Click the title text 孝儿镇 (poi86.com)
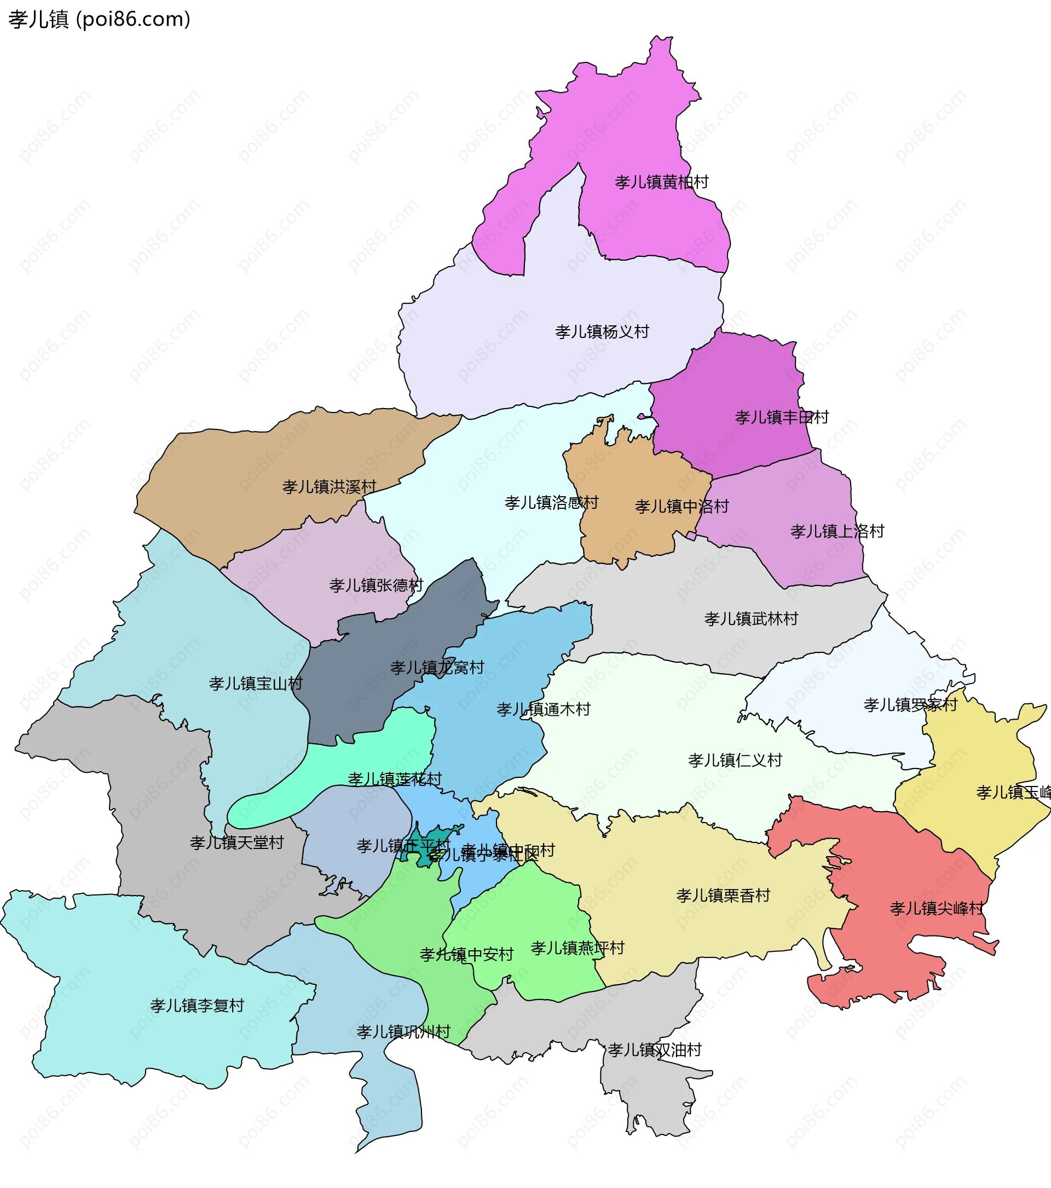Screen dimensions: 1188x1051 [99, 19]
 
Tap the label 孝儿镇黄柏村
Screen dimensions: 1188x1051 [661, 182]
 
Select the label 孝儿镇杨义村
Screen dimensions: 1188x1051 [602, 332]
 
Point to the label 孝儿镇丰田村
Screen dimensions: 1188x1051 [782, 417]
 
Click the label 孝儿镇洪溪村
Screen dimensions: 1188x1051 [330, 486]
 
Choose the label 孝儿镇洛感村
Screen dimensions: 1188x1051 [551, 503]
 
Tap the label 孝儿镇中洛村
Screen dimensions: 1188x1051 [682, 506]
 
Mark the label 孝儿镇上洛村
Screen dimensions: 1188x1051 [836, 531]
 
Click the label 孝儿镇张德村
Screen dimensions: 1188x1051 [376, 586]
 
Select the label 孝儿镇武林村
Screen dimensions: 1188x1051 [750, 618]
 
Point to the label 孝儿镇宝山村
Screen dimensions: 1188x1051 [256, 684]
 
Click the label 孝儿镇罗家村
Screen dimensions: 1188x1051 [910, 705]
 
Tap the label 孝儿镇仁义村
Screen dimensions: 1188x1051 [735, 760]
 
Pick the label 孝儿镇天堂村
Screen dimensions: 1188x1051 [236, 843]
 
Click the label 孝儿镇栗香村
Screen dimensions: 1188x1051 [723, 896]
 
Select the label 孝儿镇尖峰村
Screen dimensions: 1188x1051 [937, 909]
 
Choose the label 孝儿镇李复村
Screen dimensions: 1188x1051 [197, 1006]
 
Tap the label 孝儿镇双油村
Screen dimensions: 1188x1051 [655, 1049]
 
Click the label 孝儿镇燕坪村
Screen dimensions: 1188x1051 [577, 948]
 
